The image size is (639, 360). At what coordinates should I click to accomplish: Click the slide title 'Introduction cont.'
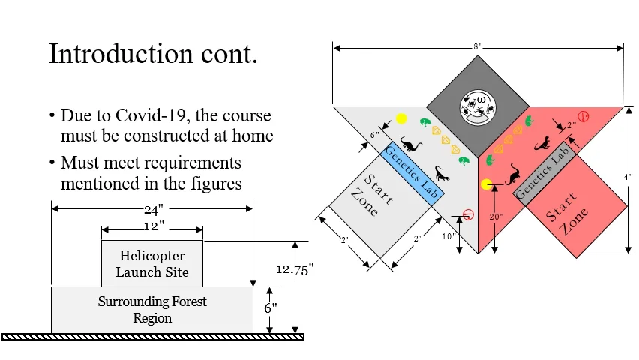point(153,54)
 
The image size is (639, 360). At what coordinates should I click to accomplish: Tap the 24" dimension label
point(153,210)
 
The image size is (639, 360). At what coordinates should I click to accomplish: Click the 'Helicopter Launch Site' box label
point(152,263)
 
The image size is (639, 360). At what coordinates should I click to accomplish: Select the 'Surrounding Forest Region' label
point(152,310)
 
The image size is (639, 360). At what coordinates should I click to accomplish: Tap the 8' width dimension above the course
point(477,46)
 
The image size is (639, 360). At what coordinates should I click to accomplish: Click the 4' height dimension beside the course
point(628,178)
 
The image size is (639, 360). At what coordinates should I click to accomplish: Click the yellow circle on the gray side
point(401,118)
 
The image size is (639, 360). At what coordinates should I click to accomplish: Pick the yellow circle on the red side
point(487,184)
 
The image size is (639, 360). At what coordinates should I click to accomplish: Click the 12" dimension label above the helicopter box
point(153,225)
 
